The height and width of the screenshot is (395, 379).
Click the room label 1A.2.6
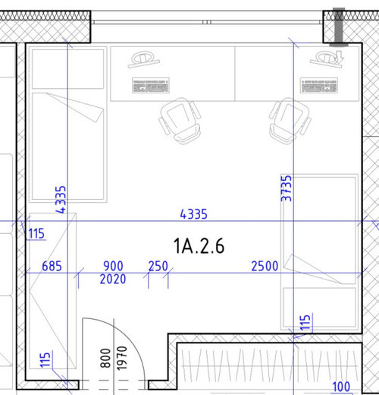199,246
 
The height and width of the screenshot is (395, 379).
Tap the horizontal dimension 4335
193,214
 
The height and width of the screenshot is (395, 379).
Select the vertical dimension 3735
287,188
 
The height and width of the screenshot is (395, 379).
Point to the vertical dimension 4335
61,200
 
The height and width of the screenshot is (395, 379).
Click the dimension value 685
52,266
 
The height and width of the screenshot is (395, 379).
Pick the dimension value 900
113,266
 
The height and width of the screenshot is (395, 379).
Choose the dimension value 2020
113,280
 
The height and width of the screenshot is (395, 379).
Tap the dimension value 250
158,266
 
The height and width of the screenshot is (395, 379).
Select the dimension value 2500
265,266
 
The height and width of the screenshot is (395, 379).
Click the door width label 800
105,358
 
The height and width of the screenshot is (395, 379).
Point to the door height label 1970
121,358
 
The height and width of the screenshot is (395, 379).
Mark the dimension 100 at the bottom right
341,387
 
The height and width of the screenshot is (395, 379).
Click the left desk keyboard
151,85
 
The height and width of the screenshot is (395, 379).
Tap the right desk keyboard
319,85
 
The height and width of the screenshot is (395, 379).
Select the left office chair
180,121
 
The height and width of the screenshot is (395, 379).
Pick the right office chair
290,121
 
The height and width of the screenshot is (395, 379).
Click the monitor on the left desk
143,59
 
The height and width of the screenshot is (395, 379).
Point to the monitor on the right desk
327,59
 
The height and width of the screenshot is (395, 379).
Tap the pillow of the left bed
67,69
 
